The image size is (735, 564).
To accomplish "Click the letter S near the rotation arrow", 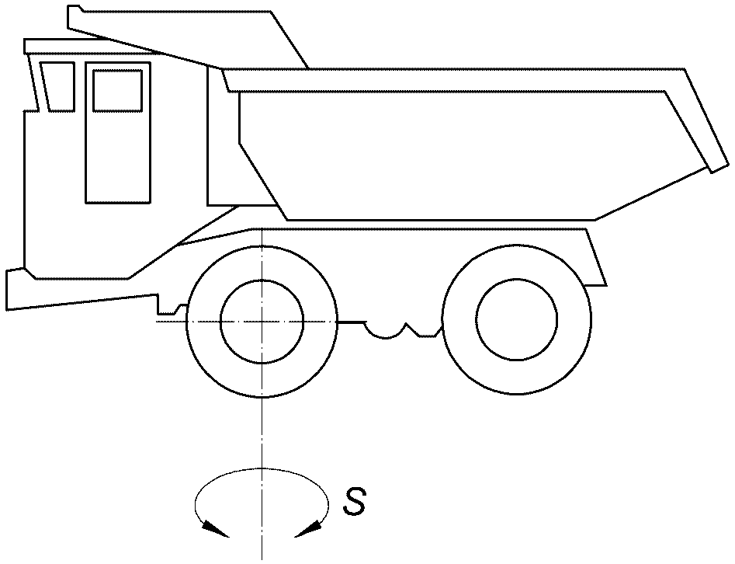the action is coord(354,502).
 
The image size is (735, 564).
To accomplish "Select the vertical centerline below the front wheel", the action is coord(262,479).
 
